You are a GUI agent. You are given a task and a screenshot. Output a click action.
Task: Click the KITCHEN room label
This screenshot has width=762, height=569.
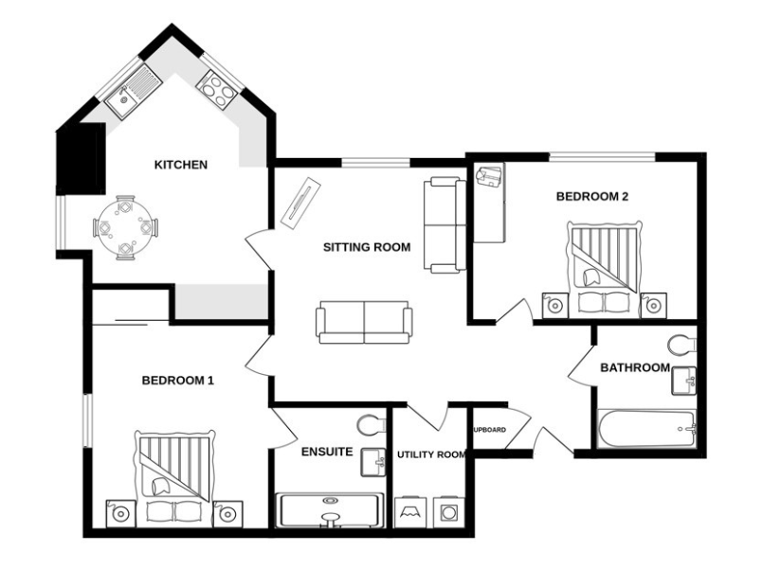[x=180, y=165]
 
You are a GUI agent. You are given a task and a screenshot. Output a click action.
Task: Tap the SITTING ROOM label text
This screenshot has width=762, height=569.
[x=367, y=248]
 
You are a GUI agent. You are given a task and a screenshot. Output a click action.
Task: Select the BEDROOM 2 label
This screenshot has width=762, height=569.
[x=592, y=197]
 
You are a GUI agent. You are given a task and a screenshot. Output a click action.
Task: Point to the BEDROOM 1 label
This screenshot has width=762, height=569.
[x=177, y=381]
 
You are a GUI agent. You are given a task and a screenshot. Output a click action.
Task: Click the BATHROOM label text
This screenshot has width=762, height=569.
[x=635, y=367]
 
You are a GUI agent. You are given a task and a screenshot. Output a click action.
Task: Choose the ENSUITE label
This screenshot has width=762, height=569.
[x=327, y=452]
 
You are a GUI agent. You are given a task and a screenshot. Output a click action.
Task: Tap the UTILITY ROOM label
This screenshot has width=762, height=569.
[x=431, y=455]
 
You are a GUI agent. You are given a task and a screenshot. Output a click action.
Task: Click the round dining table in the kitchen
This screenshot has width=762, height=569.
[x=125, y=227]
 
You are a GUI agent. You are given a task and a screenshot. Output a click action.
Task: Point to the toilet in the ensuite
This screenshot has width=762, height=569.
[x=371, y=423]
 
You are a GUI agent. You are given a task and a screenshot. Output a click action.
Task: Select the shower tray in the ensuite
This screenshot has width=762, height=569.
[x=331, y=510]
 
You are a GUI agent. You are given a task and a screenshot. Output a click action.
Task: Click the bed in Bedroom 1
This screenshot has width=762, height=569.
[x=173, y=479]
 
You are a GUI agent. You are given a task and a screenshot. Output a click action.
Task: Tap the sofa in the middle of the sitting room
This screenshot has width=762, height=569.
[x=364, y=322]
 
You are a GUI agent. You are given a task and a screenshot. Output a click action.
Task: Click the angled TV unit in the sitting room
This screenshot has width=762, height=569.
[x=300, y=202]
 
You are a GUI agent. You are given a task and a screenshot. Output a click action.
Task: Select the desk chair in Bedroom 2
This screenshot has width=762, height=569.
[x=489, y=178]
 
